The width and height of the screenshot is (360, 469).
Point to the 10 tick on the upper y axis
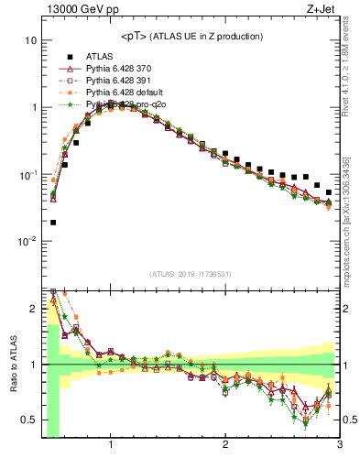[30, 41]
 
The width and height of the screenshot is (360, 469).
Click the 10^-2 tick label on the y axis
[27, 242]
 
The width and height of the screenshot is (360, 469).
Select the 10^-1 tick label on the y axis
[27, 175]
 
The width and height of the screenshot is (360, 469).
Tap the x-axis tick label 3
[339, 446]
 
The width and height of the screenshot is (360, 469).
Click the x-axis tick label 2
[225, 446]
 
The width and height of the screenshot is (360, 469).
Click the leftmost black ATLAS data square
[53, 222]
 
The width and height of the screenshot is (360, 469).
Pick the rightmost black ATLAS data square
[329, 192]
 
